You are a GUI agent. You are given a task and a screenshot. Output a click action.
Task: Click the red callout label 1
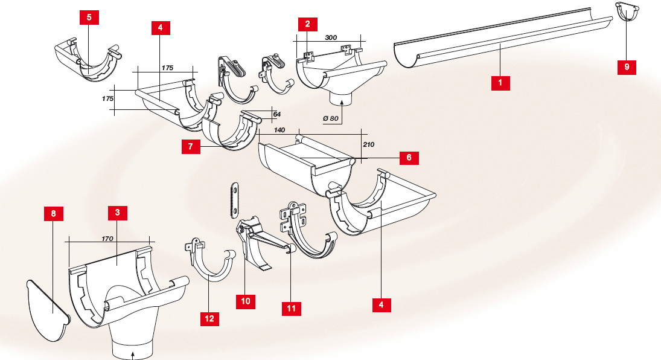click(x=500, y=82)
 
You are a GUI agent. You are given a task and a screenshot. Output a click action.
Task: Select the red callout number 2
click(x=308, y=24)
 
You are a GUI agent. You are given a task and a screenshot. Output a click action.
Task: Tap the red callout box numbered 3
click(x=117, y=213)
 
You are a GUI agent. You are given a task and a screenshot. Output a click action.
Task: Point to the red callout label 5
click(x=89, y=17)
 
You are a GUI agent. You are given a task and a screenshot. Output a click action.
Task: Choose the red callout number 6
click(x=409, y=157)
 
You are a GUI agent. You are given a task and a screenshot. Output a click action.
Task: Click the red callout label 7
click(x=191, y=147)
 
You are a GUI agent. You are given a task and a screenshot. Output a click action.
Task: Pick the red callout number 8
click(x=53, y=213)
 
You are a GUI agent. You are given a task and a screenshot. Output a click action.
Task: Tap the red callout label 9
click(x=627, y=67)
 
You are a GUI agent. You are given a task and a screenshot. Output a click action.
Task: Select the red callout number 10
click(x=246, y=300)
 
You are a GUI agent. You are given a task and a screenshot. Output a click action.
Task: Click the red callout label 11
click(x=291, y=307)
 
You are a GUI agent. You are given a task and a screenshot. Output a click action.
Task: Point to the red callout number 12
click(x=209, y=318)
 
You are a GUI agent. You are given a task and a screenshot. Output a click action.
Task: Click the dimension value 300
click(x=330, y=37)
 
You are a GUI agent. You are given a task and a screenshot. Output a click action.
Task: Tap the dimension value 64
click(x=276, y=114)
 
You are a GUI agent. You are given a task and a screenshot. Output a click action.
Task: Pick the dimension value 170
click(x=108, y=239)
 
